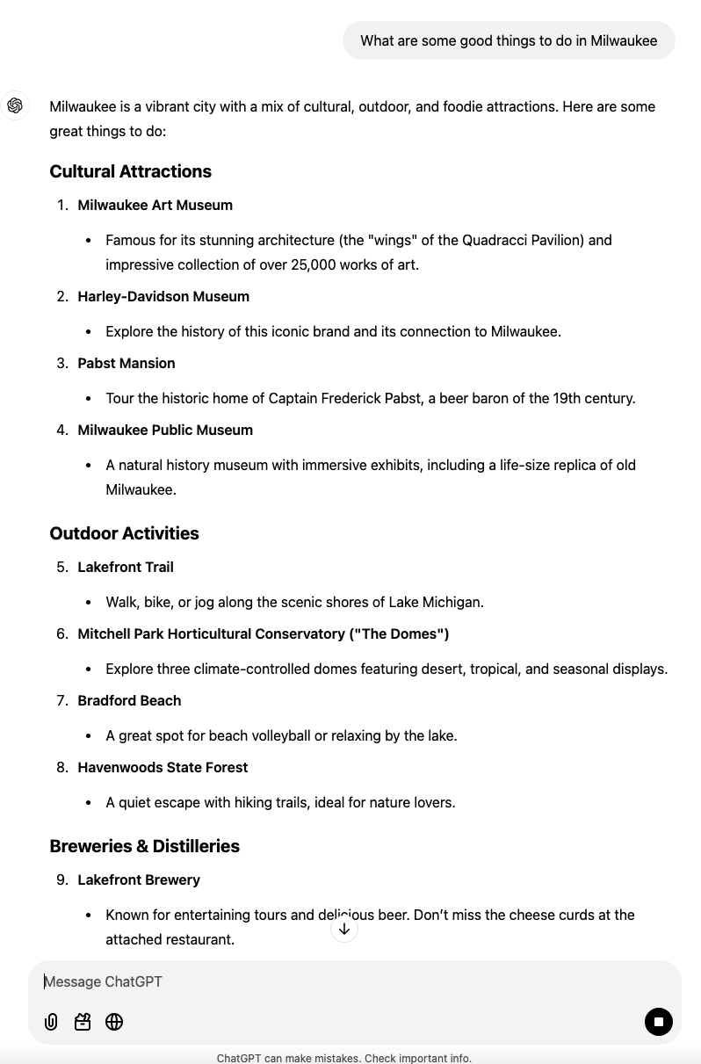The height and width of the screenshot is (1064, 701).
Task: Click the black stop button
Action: pos(658,1021)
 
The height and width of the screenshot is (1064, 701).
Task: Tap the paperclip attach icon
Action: pos(51,1022)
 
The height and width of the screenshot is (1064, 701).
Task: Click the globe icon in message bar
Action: pos(114,1022)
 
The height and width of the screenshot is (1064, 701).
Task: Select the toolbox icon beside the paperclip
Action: pos(83,1022)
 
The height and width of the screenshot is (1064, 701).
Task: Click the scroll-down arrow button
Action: pos(344,929)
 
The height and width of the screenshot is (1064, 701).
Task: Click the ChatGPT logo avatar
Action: pos(15,106)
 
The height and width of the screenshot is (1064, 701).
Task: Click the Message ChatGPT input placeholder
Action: pos(104,981)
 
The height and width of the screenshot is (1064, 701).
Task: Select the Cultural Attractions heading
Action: pos(130,171)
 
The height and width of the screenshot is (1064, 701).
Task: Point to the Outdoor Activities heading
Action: pos(124,533)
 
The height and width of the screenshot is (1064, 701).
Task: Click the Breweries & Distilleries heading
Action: pos(144,846)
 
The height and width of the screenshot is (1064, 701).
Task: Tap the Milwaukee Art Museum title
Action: pos(155,205)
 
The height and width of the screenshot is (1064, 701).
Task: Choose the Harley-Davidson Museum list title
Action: pos(163,296)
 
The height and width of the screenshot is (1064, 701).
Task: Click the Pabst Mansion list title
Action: pos(126,363)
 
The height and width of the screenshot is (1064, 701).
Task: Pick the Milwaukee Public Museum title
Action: pos(165,430)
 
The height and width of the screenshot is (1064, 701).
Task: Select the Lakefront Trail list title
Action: pos(126,567)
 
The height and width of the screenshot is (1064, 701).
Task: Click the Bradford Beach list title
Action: pos(129,700)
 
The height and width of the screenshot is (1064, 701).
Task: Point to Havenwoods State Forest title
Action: pos(163,767)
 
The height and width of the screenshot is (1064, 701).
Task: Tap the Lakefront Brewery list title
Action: pos(139,879)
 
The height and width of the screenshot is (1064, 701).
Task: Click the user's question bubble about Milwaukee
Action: pos(509,40)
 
